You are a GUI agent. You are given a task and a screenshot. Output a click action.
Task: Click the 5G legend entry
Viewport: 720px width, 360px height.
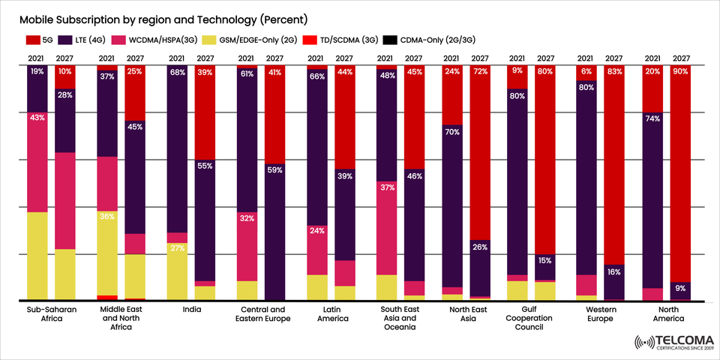coord(44,39)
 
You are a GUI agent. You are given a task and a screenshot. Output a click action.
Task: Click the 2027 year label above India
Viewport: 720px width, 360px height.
coord(205,58)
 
